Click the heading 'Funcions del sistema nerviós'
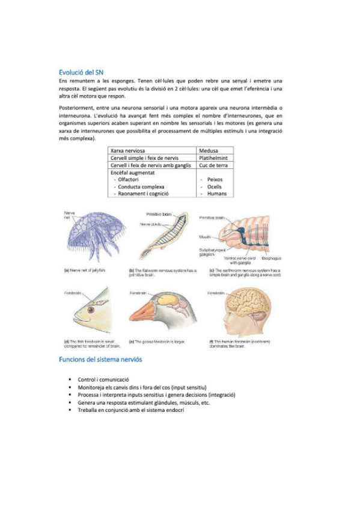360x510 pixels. (x=100, y=359)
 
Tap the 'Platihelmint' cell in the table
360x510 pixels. (x=216, y=158)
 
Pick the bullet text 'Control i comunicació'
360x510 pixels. (x=104, y=380)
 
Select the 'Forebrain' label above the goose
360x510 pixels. (x=139, y=293)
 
